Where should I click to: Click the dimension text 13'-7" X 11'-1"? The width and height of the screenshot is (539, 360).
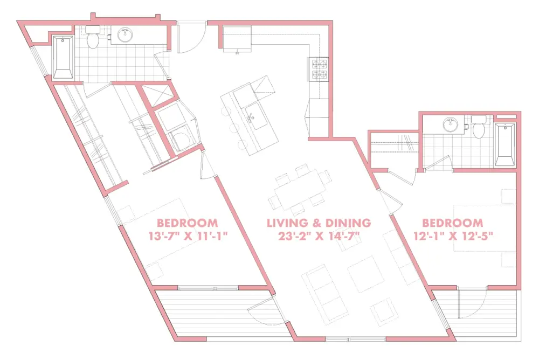pyautogui.click(x=188, y=237)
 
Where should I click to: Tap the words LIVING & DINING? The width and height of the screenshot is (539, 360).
pyautogui.click(x=319, y=223)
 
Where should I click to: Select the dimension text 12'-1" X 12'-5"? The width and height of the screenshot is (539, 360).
pyautogui.click(x=453, y=236)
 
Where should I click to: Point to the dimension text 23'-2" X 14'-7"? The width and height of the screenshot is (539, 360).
pyautogui.click(x=319, y=236)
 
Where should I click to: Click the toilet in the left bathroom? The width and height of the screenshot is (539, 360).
pyautogui.click(x=93, y=37)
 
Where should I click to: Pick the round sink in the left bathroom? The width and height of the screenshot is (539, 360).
pyautogui.click(x=126, y=34)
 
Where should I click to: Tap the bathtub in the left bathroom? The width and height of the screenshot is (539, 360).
pyautogui.click(x=63, y=57)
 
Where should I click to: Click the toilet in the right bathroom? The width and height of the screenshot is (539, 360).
pyautogui.click(x=479, y=127)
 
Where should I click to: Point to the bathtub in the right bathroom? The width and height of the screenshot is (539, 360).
pyautogui.click(x=505, y=145)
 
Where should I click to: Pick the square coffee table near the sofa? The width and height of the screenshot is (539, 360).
pyautogui.click(x=366, y=274)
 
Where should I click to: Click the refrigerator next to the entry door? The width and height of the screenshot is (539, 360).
pyautogui.click(x=237, y=38)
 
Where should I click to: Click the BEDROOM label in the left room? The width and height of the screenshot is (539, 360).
pyautogui.click(x=188, y=223)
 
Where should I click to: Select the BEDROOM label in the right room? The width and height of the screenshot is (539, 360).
pyautogui.click(x=453, y=223)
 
